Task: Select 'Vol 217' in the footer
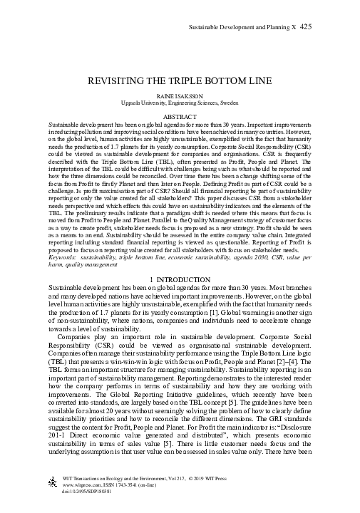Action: click(x=184, y=479)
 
